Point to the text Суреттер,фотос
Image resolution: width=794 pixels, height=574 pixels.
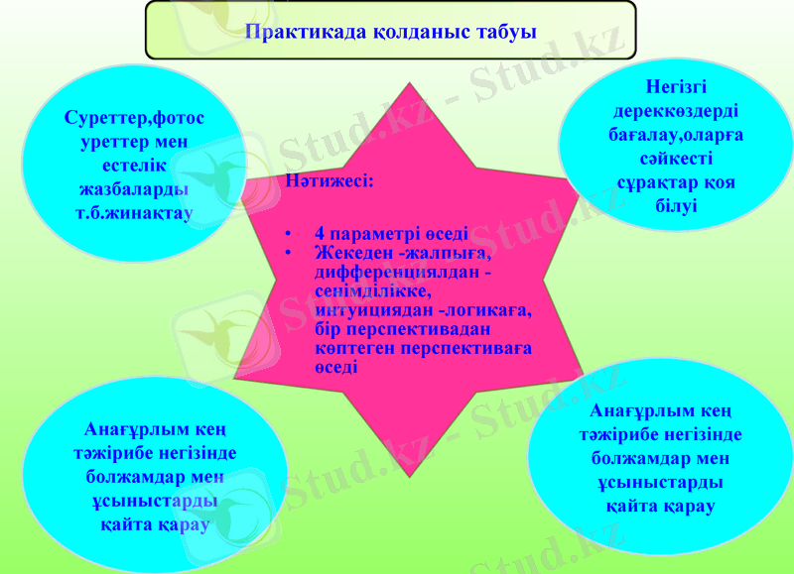(x=134, y=119)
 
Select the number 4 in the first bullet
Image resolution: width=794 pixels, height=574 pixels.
(x=320, y=235)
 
